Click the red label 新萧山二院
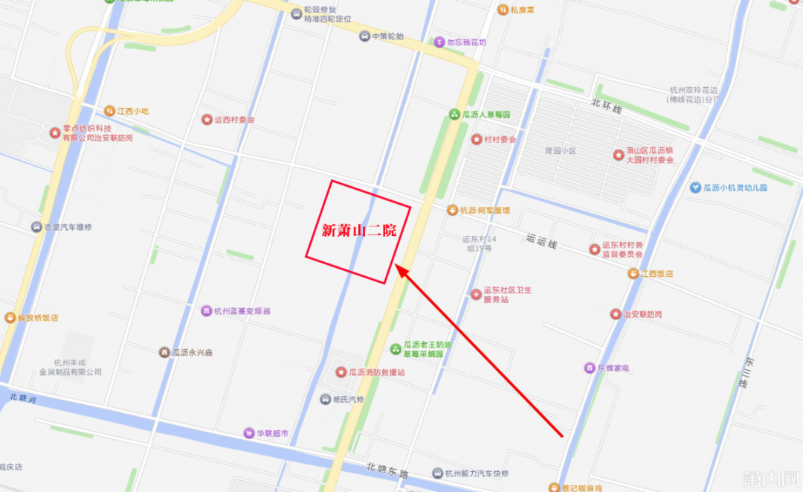[x=358, y=231]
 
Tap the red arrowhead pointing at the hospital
[x=401, y=271]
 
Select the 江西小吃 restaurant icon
[x=110, y=111]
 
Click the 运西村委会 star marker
[x=207, y=119]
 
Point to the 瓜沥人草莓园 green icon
[x=454, y=115]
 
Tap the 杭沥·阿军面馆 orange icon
[x=452, y=210]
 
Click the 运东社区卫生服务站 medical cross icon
[x=476, y=294]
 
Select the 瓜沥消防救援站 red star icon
[x=341, y=371]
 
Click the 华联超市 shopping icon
[x=248, y=433]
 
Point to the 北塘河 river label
[x=23, y=398]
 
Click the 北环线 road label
[x=606, y=106]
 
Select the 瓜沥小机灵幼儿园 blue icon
[x=695, y=188]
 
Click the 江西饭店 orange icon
[x=633, y=273]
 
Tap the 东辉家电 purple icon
[x=590, y=368]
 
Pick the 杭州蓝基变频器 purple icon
[x=207, y=310]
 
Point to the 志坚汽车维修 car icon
[x=36, y=226]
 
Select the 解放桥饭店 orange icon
[x=10, y=317]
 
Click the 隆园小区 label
[x=561, y=150]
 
